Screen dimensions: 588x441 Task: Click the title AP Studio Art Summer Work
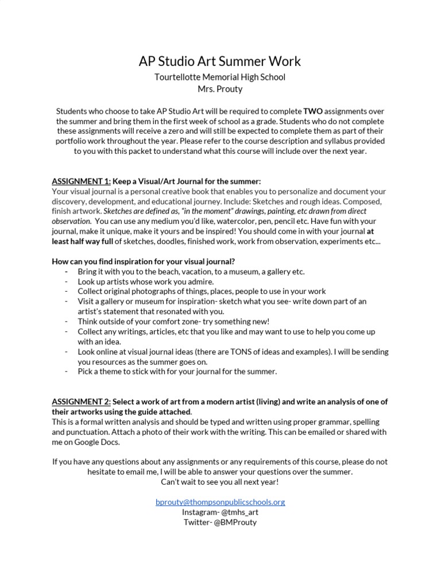click(x=220, y=61)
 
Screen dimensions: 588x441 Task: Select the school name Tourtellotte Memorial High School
click(x=220, y=76)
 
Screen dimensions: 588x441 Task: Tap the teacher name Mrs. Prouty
click(x=220, y=88)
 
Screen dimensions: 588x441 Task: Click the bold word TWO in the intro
click(x=314, y=110)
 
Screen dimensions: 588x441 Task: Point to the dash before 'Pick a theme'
click(x=67, y=372)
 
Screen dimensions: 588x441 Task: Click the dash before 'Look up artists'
click(x=67, y=282)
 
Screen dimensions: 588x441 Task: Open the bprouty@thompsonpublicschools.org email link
click(x=220, y=502)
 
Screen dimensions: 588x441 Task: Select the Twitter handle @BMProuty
click(x=236, y=522)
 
